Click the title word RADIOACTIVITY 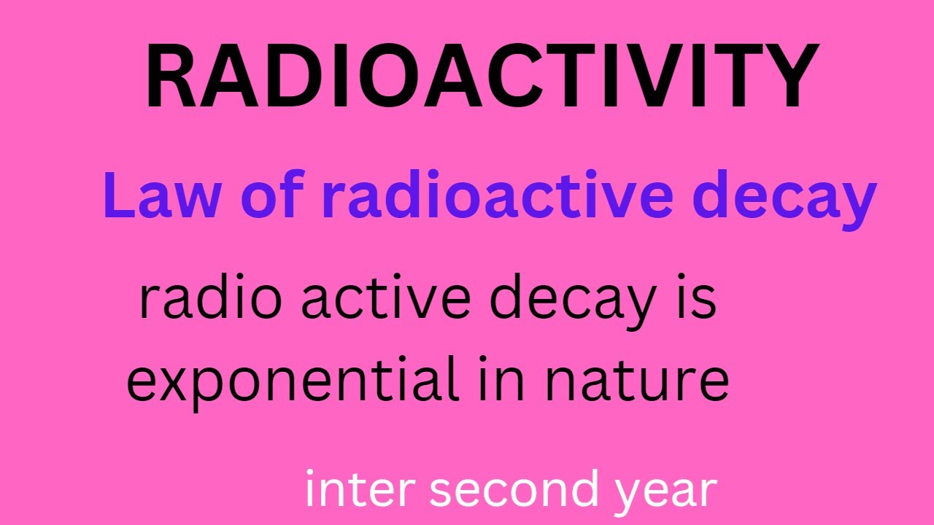tap(482, 77)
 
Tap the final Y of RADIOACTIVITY tap(784, 77)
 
